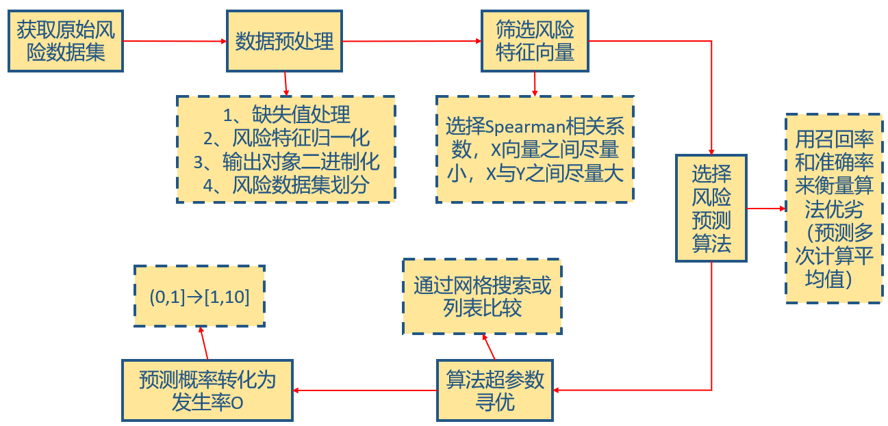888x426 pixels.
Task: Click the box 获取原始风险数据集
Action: click(x=65, y=41)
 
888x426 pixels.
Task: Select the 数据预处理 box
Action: click(x=284, y=41)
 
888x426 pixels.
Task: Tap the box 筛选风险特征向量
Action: click(x=535, y=41)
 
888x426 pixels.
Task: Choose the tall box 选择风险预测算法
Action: click(x=711, y=208)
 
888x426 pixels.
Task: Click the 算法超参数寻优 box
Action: click(x=495, y=390)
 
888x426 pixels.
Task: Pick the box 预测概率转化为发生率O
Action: click(x=207, y=390)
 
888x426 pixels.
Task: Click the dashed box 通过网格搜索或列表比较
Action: click(x=482, y=296)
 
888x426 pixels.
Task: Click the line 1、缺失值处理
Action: click(x=286, y=115)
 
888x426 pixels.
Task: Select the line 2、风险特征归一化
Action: click(x=286, y=138)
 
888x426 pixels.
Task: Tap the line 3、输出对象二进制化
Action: click(x=286, y=161)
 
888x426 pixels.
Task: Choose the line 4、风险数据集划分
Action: click(x=286, y=185)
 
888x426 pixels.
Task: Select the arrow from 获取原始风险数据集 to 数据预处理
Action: click(x=175, y=41)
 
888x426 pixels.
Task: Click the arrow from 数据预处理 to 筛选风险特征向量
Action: click(x=411, y=41)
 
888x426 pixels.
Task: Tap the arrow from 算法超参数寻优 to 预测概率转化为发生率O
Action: click(x=365, y=390)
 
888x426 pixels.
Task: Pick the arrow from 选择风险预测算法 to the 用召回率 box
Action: click(x=765, y=208)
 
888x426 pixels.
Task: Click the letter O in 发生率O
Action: click(x=236, y=403)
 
